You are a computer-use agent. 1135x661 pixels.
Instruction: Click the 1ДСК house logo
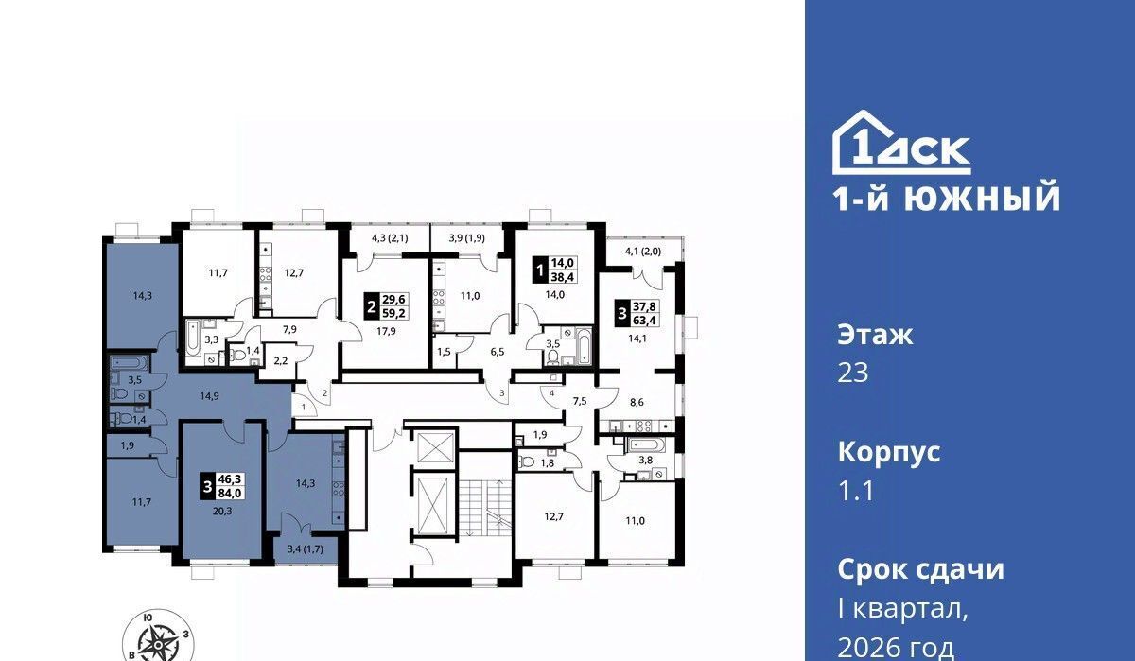[902, 143]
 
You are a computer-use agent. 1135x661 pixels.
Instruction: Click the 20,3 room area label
[222, 511]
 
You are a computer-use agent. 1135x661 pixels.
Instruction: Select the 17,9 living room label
[386, 332]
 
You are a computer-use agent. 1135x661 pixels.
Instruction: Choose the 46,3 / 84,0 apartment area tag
[223, 486]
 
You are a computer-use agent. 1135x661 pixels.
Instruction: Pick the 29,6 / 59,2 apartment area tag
[387, 306]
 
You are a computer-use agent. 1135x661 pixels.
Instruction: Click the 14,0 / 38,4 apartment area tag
[555, 270]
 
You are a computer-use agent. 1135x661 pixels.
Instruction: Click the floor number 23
[853, 373]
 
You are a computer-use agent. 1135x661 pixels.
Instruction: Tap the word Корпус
[889, 452]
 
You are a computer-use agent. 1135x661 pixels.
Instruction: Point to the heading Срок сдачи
[920, 569]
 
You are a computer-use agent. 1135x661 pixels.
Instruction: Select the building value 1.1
[855, 491]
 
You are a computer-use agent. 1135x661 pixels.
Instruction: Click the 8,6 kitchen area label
[637, 402]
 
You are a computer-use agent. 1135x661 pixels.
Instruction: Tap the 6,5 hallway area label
[498, 352]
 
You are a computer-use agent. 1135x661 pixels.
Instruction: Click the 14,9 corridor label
[209, 396]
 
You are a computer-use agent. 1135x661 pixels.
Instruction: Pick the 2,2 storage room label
[280, 360]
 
